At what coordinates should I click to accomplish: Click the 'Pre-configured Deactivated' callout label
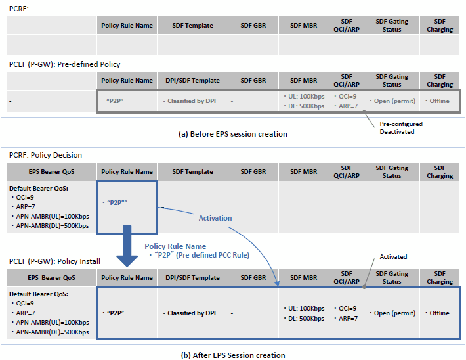coord(401,128)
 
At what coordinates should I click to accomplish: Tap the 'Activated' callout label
coord(393,256)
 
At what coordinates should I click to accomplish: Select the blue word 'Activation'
coord(215,218)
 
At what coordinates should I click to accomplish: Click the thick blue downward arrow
coord(127,246)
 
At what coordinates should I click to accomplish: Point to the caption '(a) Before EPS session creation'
coord(233,134)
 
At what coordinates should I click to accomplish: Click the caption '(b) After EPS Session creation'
coord(233,355)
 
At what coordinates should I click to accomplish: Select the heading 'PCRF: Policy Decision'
coord(45,155)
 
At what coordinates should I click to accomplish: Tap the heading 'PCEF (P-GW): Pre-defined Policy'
coord(64,64)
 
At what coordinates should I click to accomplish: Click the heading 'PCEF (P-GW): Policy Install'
coord(54,261)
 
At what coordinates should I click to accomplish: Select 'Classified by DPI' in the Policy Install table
coord(190,313)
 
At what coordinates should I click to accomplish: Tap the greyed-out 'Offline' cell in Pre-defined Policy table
coord(437,101)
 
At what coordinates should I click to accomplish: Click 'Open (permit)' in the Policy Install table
coord(392,313)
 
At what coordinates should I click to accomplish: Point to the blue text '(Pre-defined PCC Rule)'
coord(213,255)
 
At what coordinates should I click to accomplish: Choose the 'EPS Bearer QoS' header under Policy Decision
coord(51,171)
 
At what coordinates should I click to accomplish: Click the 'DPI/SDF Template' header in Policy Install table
coord(192,278)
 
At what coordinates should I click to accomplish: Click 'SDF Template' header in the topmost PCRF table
coord(192,26)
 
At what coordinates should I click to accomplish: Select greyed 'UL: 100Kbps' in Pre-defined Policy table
coord(304,96)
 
